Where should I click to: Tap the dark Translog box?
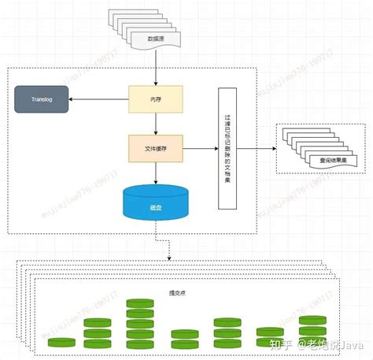coord(41,100)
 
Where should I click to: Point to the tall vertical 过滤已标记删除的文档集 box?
coord(227,147)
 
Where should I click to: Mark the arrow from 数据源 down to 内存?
coord(157,71)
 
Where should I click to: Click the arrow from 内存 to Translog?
coord(98,100)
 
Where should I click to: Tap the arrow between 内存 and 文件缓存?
coord(157,124)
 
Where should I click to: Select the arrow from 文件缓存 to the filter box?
coord(200,147)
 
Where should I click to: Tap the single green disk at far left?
coord(61,342)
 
